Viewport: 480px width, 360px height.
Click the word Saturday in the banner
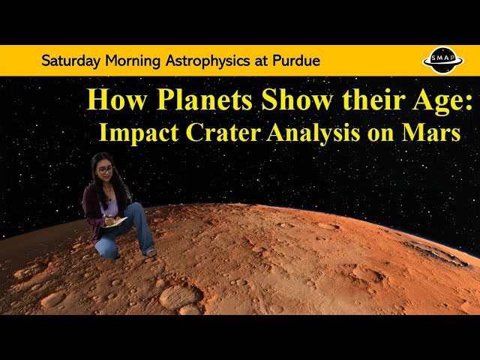pyautogui.click(x=70, y=61)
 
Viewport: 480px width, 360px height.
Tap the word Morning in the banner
pyautogui.click(x=133, y=61)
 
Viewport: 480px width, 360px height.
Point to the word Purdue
pyautogui.click(x=296, y=61)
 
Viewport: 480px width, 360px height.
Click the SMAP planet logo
pyautogui.click(x=443, y=60)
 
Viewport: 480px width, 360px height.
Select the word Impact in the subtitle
pyautogui.click(x=139, y=133)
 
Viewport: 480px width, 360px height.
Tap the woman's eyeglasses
pyautogui.click(x=105, y=170)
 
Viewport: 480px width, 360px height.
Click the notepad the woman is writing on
pyautogui.click(x=115, y=223)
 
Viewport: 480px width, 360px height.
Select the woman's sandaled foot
pyautogui.click(x=150, y=253)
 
